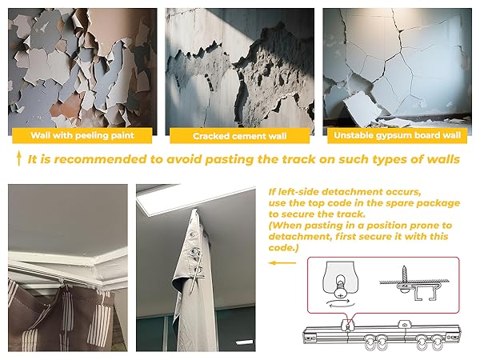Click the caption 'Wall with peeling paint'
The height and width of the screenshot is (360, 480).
click(82, 135)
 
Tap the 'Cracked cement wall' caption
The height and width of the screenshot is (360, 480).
click(239, 135)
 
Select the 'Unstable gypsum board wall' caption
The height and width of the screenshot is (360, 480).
click(398, 135)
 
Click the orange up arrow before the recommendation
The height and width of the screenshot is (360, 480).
click(18, 159)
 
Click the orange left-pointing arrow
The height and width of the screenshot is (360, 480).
click(282, 261)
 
